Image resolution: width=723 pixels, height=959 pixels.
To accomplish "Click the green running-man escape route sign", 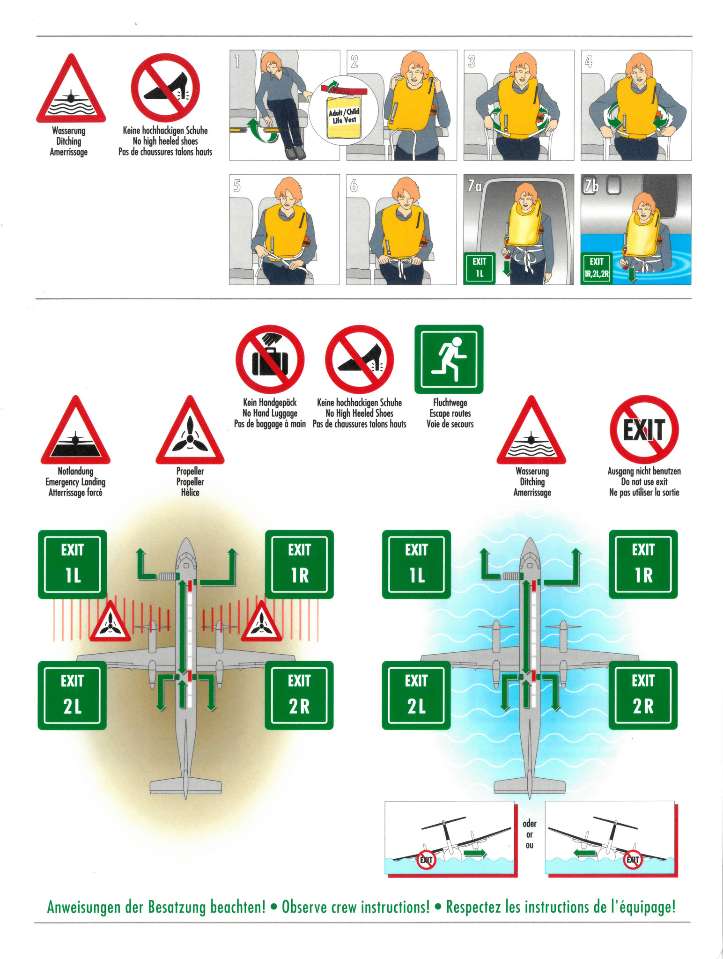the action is click(449, 359).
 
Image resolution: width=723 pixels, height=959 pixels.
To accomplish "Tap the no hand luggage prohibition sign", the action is click(270, 359).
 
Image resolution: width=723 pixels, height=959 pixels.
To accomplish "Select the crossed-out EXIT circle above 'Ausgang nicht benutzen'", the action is click(644, 429).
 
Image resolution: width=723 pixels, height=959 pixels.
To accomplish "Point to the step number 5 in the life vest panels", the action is click(237, 186).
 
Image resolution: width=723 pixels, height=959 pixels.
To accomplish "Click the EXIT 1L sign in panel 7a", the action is click(479, 268).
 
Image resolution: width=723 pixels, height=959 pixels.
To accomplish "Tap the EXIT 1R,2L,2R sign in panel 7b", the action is click(596, 268).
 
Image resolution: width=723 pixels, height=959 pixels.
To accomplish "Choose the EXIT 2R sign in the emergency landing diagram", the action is click(299, 695).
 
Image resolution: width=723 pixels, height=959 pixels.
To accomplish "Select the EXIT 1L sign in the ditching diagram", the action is click(416, 564).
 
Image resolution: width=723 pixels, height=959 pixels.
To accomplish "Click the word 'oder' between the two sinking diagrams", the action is click(530, 823).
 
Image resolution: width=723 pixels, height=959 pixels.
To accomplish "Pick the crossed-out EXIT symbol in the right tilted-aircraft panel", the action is click(633, 859).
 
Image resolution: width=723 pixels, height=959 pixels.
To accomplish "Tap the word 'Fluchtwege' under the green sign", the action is click(450, 402).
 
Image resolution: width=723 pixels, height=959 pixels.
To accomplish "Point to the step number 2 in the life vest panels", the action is click(354, 61).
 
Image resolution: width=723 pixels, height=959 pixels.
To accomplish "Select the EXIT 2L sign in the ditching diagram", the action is click(416, 695).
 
